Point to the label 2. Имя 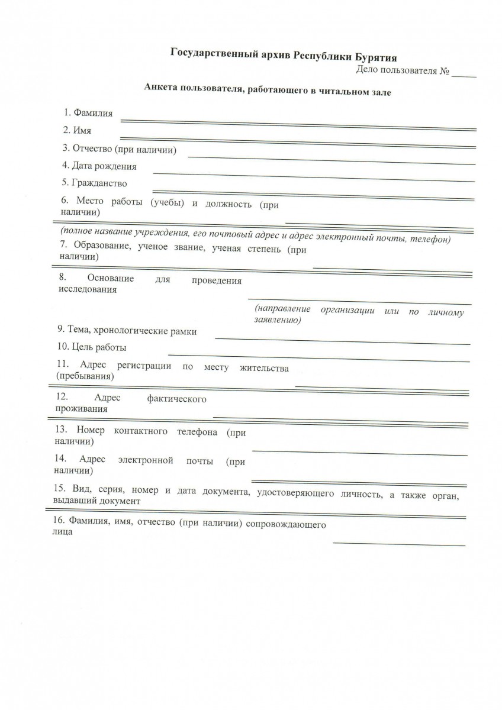click(78, 130)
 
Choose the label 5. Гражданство click(94, 183)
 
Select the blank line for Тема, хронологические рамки click(342, 340)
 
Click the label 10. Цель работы click(92, 347)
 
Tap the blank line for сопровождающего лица click(398, 543)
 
